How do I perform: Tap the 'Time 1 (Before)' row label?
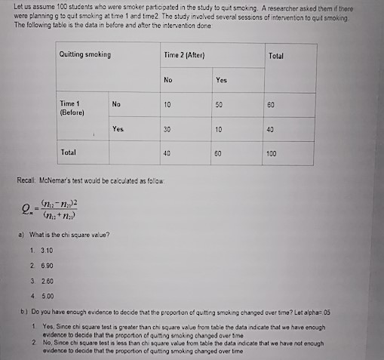click(x=73, y=108)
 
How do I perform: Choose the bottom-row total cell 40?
click(x=167, y=152)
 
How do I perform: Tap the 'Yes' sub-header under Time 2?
click(x=220, y=80)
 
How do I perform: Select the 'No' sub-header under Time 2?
click(x=167, y=80)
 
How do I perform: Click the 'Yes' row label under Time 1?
click(x=118, y=128)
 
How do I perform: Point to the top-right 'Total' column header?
click(x=275, y=56)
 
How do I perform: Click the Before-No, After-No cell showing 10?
click(x=167, y=104)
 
